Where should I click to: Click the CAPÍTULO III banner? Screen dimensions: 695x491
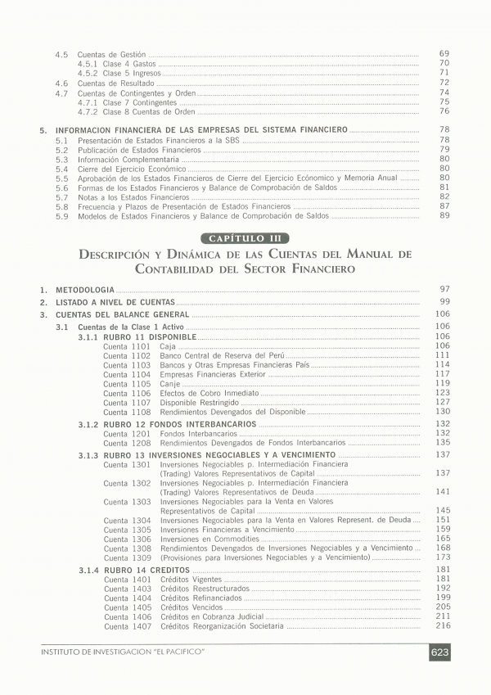pos(245,237)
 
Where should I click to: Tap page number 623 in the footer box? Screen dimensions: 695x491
pos(439,652)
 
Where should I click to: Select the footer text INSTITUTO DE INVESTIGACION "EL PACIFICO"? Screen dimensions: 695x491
pos(122,652)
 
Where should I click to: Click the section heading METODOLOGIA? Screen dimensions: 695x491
pos(84,290)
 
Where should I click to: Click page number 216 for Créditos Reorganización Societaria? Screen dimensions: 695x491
pos(444,625)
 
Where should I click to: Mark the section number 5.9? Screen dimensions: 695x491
pos(61,216)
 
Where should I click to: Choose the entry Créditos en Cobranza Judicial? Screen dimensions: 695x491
pos(212,616)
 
